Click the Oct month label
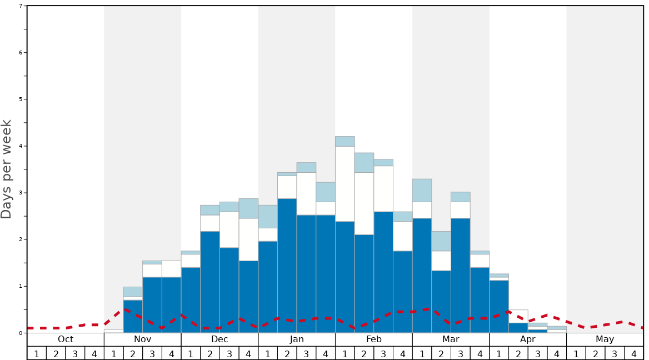pos(66,339)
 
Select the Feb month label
pos(374,339)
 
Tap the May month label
pos(605,339)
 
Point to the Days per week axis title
pos(7,169)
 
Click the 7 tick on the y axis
pos(21,6)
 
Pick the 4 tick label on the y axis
pos(21,146)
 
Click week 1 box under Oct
pos(37,353)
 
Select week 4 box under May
pos(634,353)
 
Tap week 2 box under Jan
pos(287,353)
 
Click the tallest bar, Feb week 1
pos(345,233)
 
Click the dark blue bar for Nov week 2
pos(133,316)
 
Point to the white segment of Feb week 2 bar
pos(365,203)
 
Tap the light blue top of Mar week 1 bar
pos(422,190)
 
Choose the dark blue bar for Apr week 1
pos(499,306)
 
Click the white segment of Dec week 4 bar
pos(248,239)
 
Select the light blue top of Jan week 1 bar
pos(268,216)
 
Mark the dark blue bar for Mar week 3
pos(461,275)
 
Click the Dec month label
pos(219,339)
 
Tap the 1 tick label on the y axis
pos(21,286)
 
